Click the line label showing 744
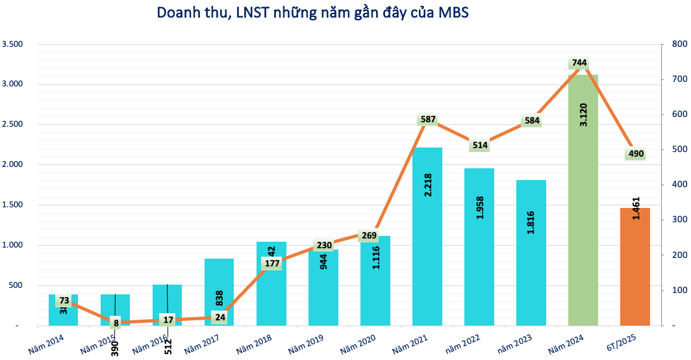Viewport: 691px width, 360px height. (579, 63)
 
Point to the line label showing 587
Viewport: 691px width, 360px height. (427, 120)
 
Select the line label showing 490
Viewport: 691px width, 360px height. (635, 154)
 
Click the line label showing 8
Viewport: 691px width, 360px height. (116, 322)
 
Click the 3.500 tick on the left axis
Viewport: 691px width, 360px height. (12, 44)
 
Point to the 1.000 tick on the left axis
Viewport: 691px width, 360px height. (12, 245)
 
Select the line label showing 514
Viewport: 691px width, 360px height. (479, 145)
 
